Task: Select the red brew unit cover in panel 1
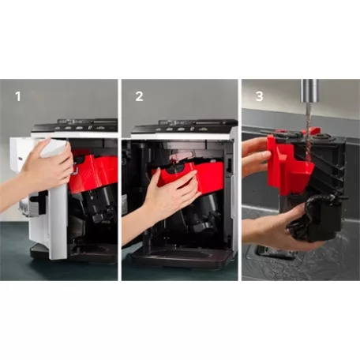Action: click(95, 170)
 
